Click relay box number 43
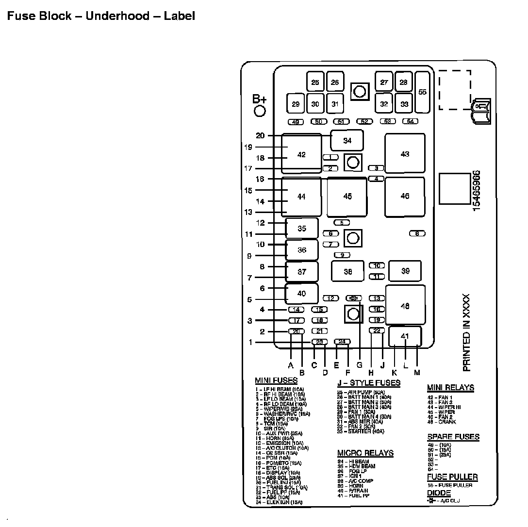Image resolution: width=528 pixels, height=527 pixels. coord(405,154)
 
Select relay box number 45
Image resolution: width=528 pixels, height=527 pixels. coord(347,197)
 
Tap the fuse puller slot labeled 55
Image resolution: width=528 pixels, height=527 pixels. coord(422,92)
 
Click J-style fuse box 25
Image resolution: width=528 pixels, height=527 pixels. coord(315,82)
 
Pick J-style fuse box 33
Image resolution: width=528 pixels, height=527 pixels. coord(404,104)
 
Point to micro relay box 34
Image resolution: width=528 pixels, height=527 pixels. coord(347,141)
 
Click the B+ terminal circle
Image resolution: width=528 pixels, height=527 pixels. coord(260,111)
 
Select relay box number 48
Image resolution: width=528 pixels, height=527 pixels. coord(405,306)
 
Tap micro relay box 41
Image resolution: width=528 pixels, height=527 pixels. coord(405,336)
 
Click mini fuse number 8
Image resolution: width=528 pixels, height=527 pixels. coord(417,233)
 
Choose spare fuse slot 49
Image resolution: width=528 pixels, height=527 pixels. coord(296,121)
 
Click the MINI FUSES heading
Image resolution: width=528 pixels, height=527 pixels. coord(276,380)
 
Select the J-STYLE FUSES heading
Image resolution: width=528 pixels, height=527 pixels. coord(369,383)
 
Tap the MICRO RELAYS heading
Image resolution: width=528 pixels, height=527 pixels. coord(365,453)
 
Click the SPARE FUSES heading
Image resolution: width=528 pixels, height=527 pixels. coord(453,437)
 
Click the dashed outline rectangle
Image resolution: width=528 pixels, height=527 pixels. coord(455,90)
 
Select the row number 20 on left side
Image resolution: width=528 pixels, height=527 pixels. coord(261,136)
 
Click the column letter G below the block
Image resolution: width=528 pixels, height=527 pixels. coord(359,365)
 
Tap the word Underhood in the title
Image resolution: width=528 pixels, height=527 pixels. coord(117,16)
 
